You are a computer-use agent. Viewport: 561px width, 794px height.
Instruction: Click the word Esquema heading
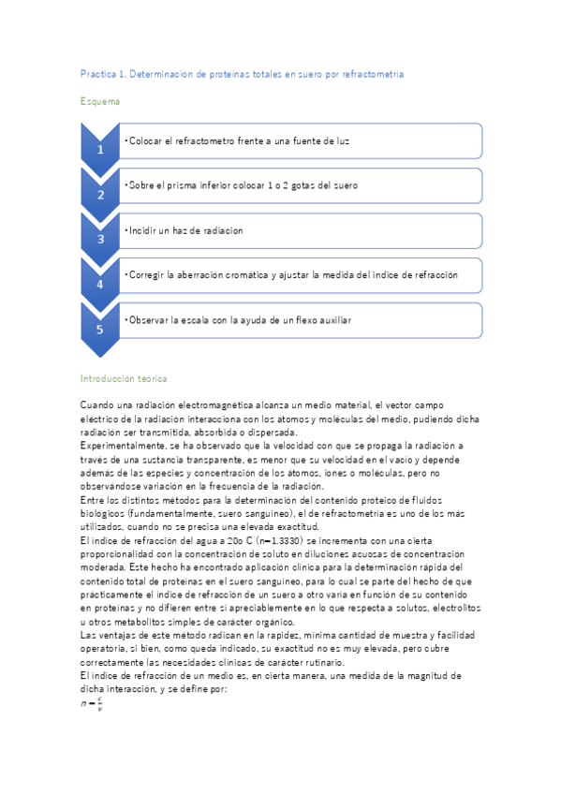click(x=100, y=100)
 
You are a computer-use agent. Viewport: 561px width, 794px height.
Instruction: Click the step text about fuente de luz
click(x=239, y=140)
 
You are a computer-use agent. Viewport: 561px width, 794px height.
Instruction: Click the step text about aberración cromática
click(x=292, y=275)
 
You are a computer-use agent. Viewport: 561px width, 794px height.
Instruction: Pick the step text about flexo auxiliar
click(x=239, y=320)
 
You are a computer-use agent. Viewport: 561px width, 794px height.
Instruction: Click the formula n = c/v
click(x=92, y=703)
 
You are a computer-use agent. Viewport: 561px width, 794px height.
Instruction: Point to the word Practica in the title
click(x=97, y=73)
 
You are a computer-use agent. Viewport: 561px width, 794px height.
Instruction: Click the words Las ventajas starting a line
click(x=108, y=637)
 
